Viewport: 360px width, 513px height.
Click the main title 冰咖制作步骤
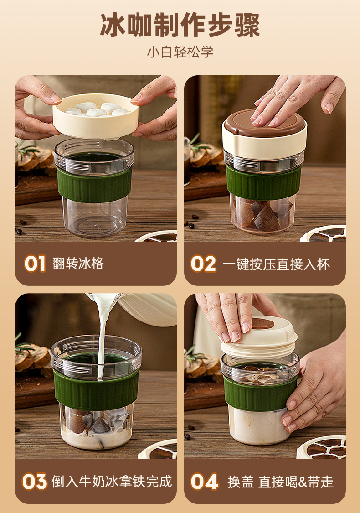click(180, 25)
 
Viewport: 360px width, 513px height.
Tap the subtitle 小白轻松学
click(180, 52)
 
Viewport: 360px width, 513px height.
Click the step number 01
click(34, 264)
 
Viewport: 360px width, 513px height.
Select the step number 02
click(203, 264)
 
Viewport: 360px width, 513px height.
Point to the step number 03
click(34, 481)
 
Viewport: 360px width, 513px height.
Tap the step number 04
click(204, 481)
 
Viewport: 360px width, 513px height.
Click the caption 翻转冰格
click(78, 264)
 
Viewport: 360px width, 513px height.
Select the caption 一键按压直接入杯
click(276, 264)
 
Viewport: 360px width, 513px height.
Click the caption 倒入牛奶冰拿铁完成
click(112, 482)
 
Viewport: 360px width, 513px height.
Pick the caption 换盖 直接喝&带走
click(280, 482)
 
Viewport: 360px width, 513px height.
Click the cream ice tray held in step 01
click(96, 116)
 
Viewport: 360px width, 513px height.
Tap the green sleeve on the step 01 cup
click(94, 185)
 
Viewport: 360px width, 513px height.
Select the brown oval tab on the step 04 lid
click(262, 324)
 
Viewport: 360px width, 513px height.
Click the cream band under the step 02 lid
click(265, 142)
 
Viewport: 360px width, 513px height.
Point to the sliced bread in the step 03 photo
click(32, 360)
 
